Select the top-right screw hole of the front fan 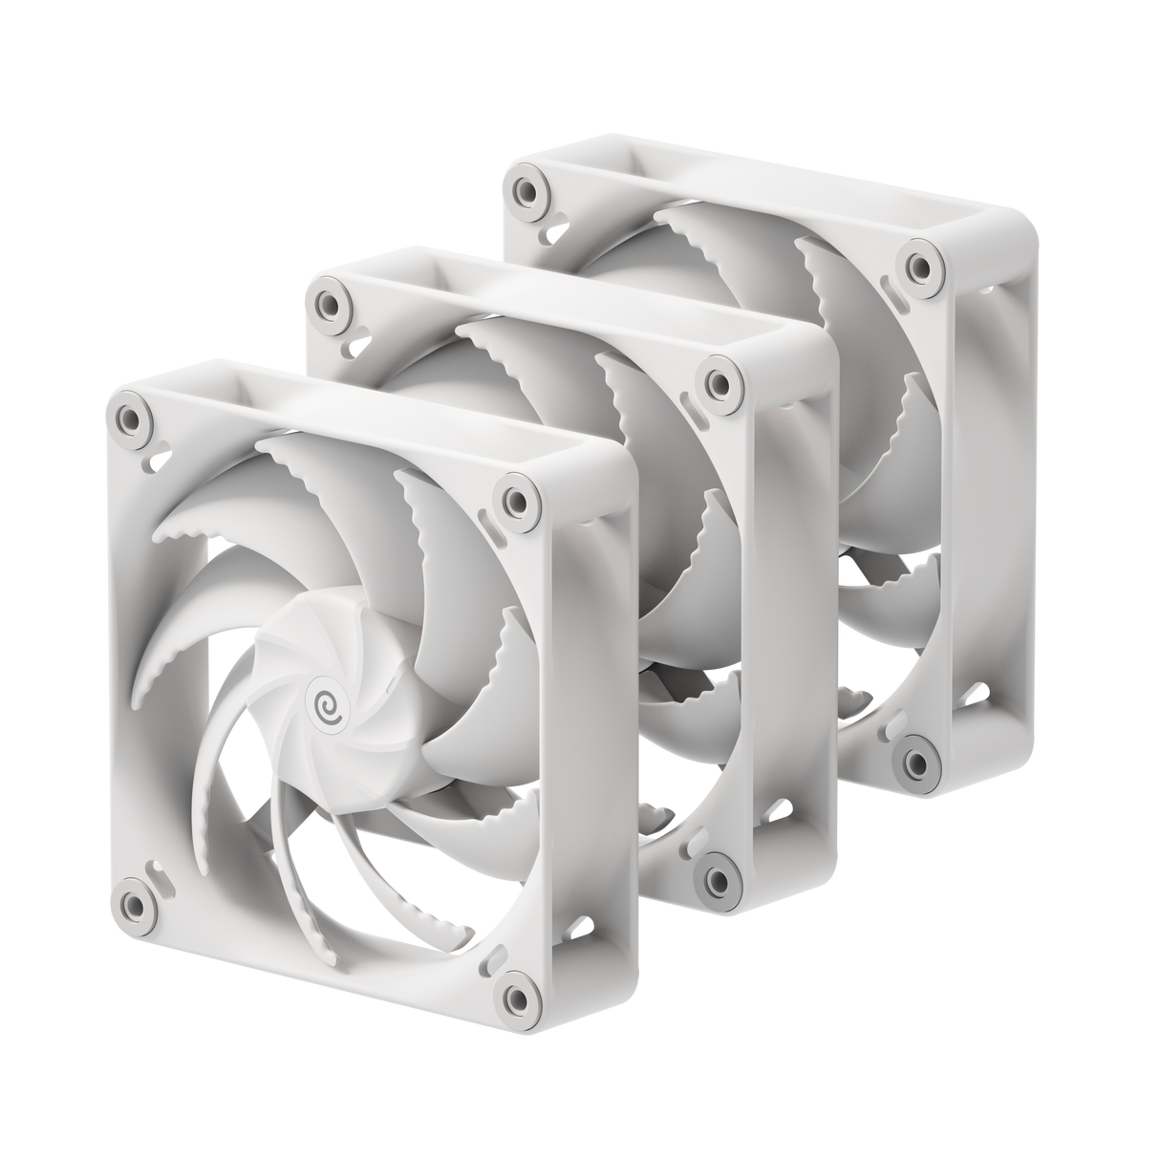516,500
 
